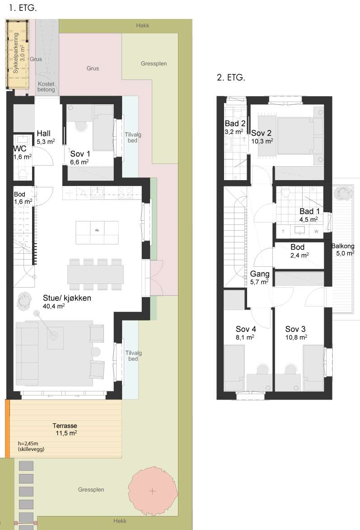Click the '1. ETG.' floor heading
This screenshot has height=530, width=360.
pyautogui.click(x=23, y=8)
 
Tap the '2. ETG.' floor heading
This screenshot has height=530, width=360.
pyautogui.click(x=231, y=77)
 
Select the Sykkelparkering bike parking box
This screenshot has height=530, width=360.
pyautogui.click(x=17, y=54)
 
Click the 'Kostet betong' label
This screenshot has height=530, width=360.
pyautogui.click(x=46, y=87)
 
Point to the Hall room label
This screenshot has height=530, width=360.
pyautogui.click(x=44, y=133)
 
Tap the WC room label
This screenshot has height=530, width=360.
pyautogui.click(x=20, y=149)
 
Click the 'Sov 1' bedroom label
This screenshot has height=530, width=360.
pyautogui.click(x=80, y=154)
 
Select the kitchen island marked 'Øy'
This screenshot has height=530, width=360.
pyautogui.click(x=97, y=232)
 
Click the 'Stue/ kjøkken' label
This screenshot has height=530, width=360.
pyautogui.click(x=67, y=298)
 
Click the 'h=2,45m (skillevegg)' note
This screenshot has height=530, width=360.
pyautogui.click(x=31, y=446)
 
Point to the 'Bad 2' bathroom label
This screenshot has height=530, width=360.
pyautogui.click(x=235, y=123)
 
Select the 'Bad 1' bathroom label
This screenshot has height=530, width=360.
pyautogui.click(x=309, y=211)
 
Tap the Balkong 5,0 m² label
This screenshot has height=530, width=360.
pyautogui.click(x=343, y=250)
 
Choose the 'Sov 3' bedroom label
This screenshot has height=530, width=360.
pyautogui.click(x=295, y=329)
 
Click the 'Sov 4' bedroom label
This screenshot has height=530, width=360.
pyautogui.click(x=246, y=329)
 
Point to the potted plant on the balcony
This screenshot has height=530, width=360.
pyautogui.click(x=343, y=194)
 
